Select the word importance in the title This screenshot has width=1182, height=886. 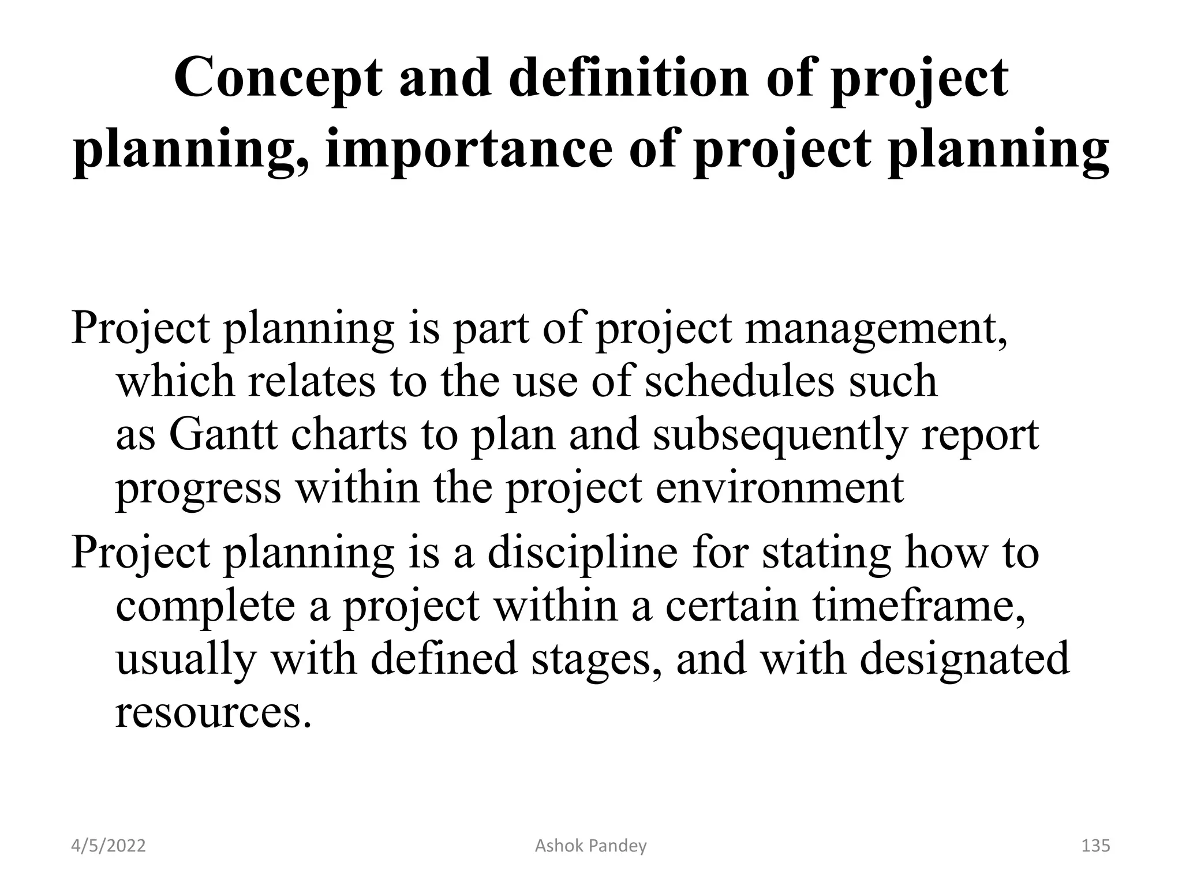pos(468,149)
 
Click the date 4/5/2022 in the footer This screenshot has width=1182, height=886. pos(109,846)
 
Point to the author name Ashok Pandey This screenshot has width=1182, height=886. pos(590,846)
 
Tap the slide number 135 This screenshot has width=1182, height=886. pos(1095,846)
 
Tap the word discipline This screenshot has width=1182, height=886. pos(582,553)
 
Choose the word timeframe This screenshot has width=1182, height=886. pos(919,606)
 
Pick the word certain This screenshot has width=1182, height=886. pos(732,606)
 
